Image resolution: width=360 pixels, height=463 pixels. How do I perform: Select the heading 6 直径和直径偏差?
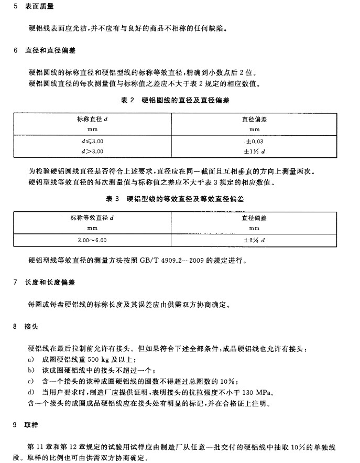pos(47,51)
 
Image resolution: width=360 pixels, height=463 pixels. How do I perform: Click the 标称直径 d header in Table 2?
pos(92,120)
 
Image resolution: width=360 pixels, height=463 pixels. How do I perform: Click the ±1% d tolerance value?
pos(254,151)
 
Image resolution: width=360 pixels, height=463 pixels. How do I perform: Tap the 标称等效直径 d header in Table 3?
pos(92,217)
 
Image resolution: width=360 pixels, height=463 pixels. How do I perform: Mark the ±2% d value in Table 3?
pos(254,239)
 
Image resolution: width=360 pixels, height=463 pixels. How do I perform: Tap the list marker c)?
pos(30,381)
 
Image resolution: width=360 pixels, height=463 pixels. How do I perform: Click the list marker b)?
pos(30,370)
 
